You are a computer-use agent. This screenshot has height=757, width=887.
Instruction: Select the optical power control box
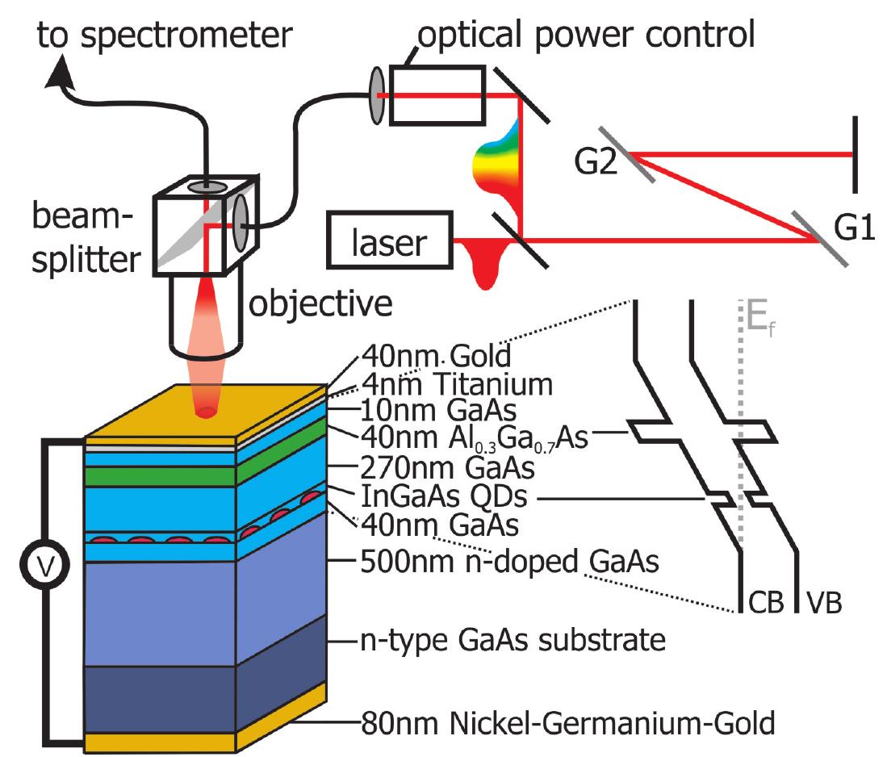tap(438, 95)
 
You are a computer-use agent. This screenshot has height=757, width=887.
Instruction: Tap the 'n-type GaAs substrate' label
tap(512, 642)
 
